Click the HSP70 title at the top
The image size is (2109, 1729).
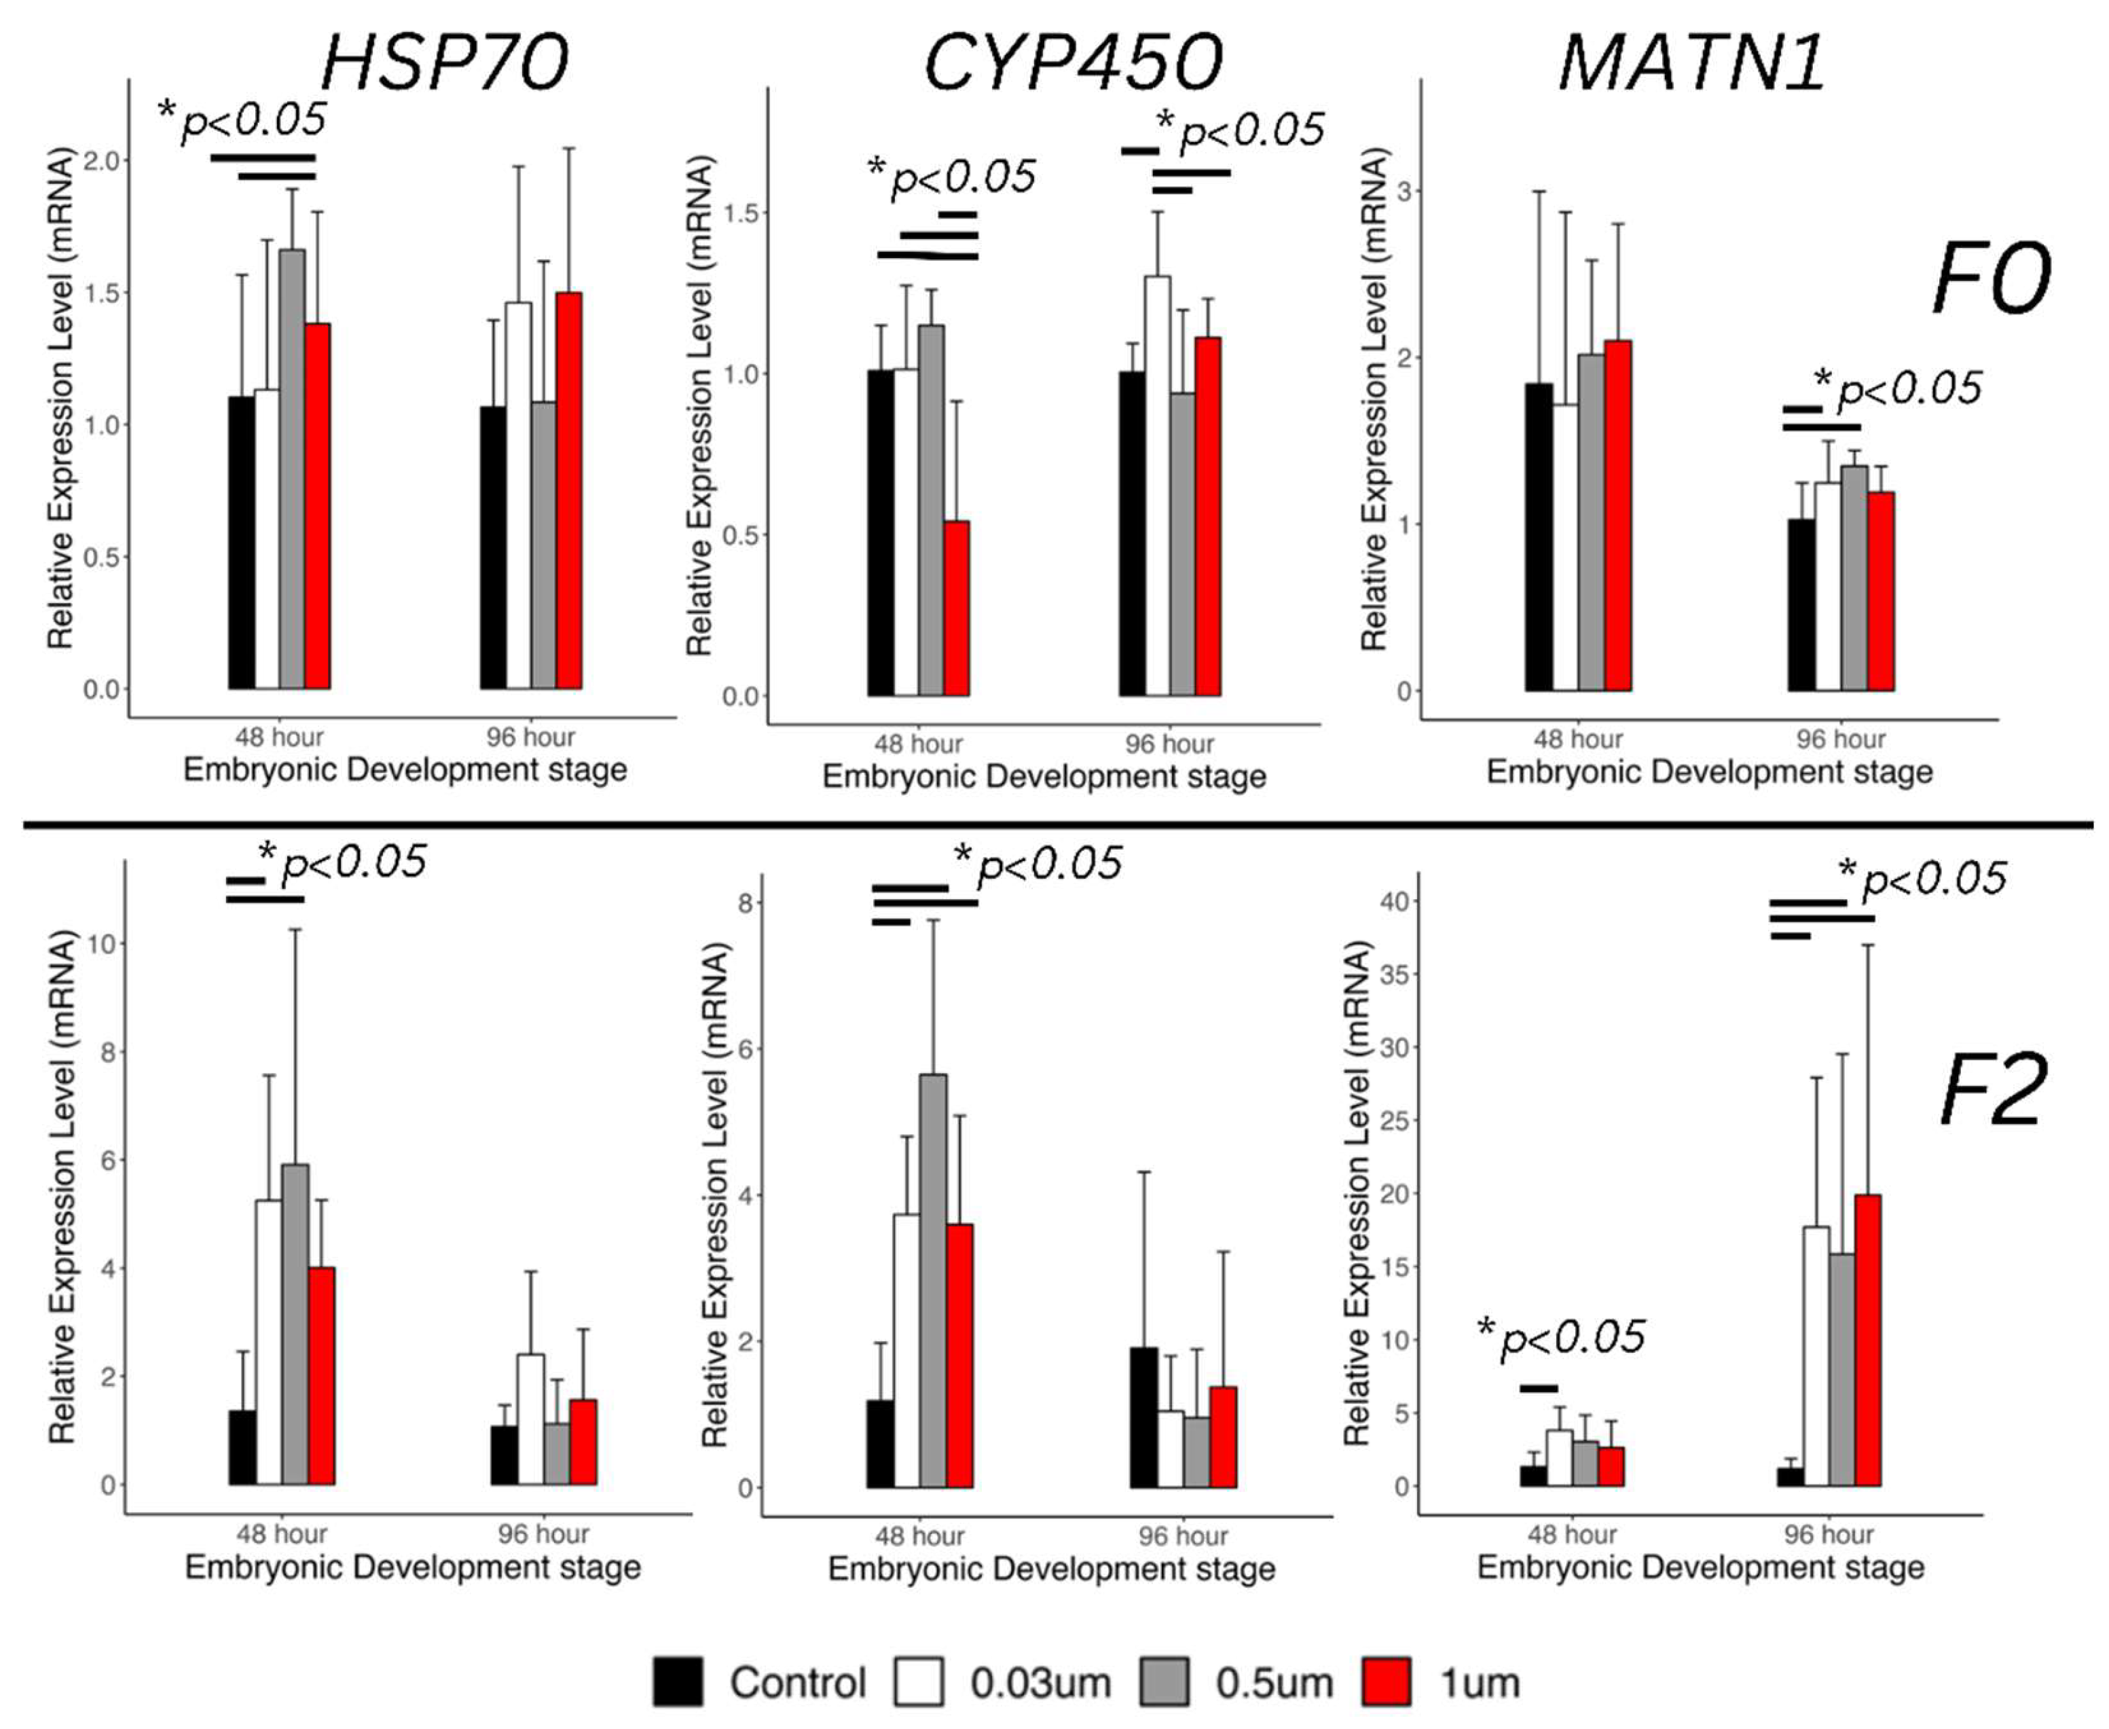pyautogui.click(x=445, y=62)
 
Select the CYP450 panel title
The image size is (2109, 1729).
pyautogui.click(x=1072, y=62)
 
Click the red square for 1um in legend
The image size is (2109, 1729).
pyautogui.click(x=1385, y=1682)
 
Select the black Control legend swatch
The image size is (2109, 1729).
pyautogui.click(x=678, y=1682)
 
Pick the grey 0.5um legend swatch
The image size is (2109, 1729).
pyautogui.click(x=1164, y=1682)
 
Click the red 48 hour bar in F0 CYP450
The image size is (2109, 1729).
pyautogui.click(x=956, y=608)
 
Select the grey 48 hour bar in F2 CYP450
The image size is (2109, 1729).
pyautogui.click(x=933, y=1280)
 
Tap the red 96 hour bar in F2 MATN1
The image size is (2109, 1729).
pyautogui.click(x=1867, y=1340)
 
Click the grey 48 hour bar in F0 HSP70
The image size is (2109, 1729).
pyautogui.click(x=292, y=468)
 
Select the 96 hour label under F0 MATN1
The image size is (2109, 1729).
pyautogui.click(x=1840, y=739)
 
